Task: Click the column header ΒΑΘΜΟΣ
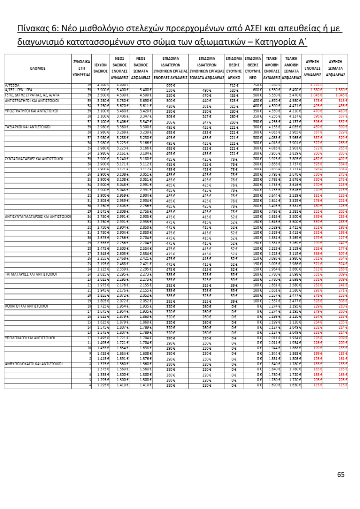tap(38, 68)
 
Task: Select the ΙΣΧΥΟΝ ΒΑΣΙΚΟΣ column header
tap(101, 68)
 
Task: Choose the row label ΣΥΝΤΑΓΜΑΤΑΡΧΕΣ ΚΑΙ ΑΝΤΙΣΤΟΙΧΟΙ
tap(33, 158)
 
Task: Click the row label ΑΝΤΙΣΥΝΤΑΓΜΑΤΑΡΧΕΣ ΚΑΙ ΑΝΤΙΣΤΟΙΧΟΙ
tap(37, 217)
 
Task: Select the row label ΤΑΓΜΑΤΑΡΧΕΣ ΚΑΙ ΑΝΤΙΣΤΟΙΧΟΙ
tap(30, 274)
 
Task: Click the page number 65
tap(341, 475)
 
